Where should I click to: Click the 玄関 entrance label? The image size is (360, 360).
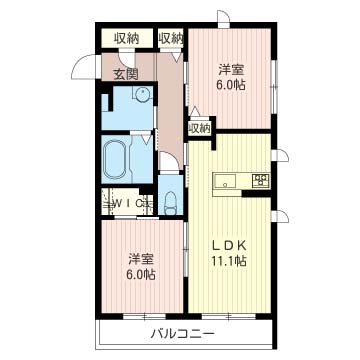[x=125, y=74]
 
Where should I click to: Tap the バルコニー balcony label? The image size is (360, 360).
[x=183, y=333]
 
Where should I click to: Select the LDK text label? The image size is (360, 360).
[x=230, y=246]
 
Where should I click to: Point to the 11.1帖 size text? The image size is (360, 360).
[x=229, y=261]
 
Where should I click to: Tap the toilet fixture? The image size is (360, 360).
[x=170, y=203]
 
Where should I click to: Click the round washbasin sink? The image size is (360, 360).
[x=143, y=92]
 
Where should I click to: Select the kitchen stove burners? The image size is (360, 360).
[x=261, y=180]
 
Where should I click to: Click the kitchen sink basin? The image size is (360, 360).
[x=225, y=182]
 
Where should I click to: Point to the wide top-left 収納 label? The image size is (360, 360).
[x=127, y=39]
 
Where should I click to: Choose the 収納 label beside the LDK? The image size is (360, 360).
[x=200, y=128]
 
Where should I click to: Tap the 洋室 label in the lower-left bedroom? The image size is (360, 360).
[x=142, y=259]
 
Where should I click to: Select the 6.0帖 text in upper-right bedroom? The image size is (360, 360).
[x=231, y=86]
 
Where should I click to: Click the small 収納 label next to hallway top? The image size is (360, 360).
[x=171, y=39]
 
